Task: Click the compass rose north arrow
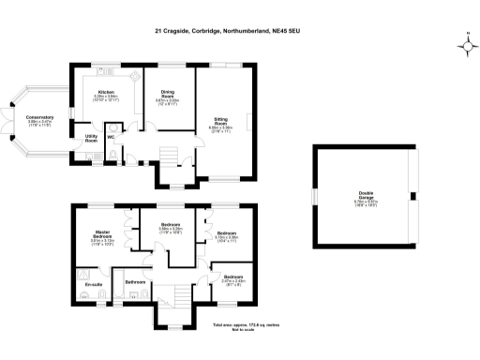467,43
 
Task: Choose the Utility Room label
92,138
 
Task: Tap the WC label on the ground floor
111,138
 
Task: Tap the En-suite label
92,282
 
